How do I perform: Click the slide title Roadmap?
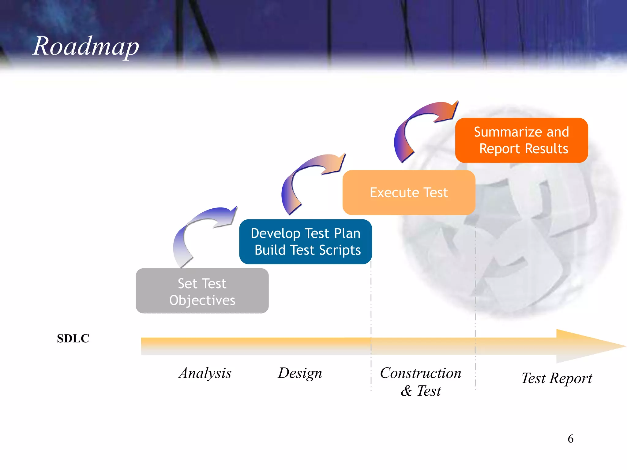pyautogui.click(x=86, y=47)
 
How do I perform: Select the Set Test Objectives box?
pyautogui.click(x=202, y=291)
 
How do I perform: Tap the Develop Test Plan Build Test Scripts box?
pyautogui.click(x=306, y=242)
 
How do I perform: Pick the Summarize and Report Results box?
pyautogui.click(x=521, y=140)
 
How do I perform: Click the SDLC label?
pyautogui.click(x=73, y=338)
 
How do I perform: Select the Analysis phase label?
pyautogui.click(x=205, y=373)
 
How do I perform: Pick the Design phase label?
pyautogui.click(x=300, y=373)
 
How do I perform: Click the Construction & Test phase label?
pyautogui.click(x=421, y=382)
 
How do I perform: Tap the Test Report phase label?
pyautogui.click(x=557, y=378)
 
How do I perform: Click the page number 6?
pyautogui.click(x=570, y=439)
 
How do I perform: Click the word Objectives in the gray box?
pyautogui.click(x=202, y=300)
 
